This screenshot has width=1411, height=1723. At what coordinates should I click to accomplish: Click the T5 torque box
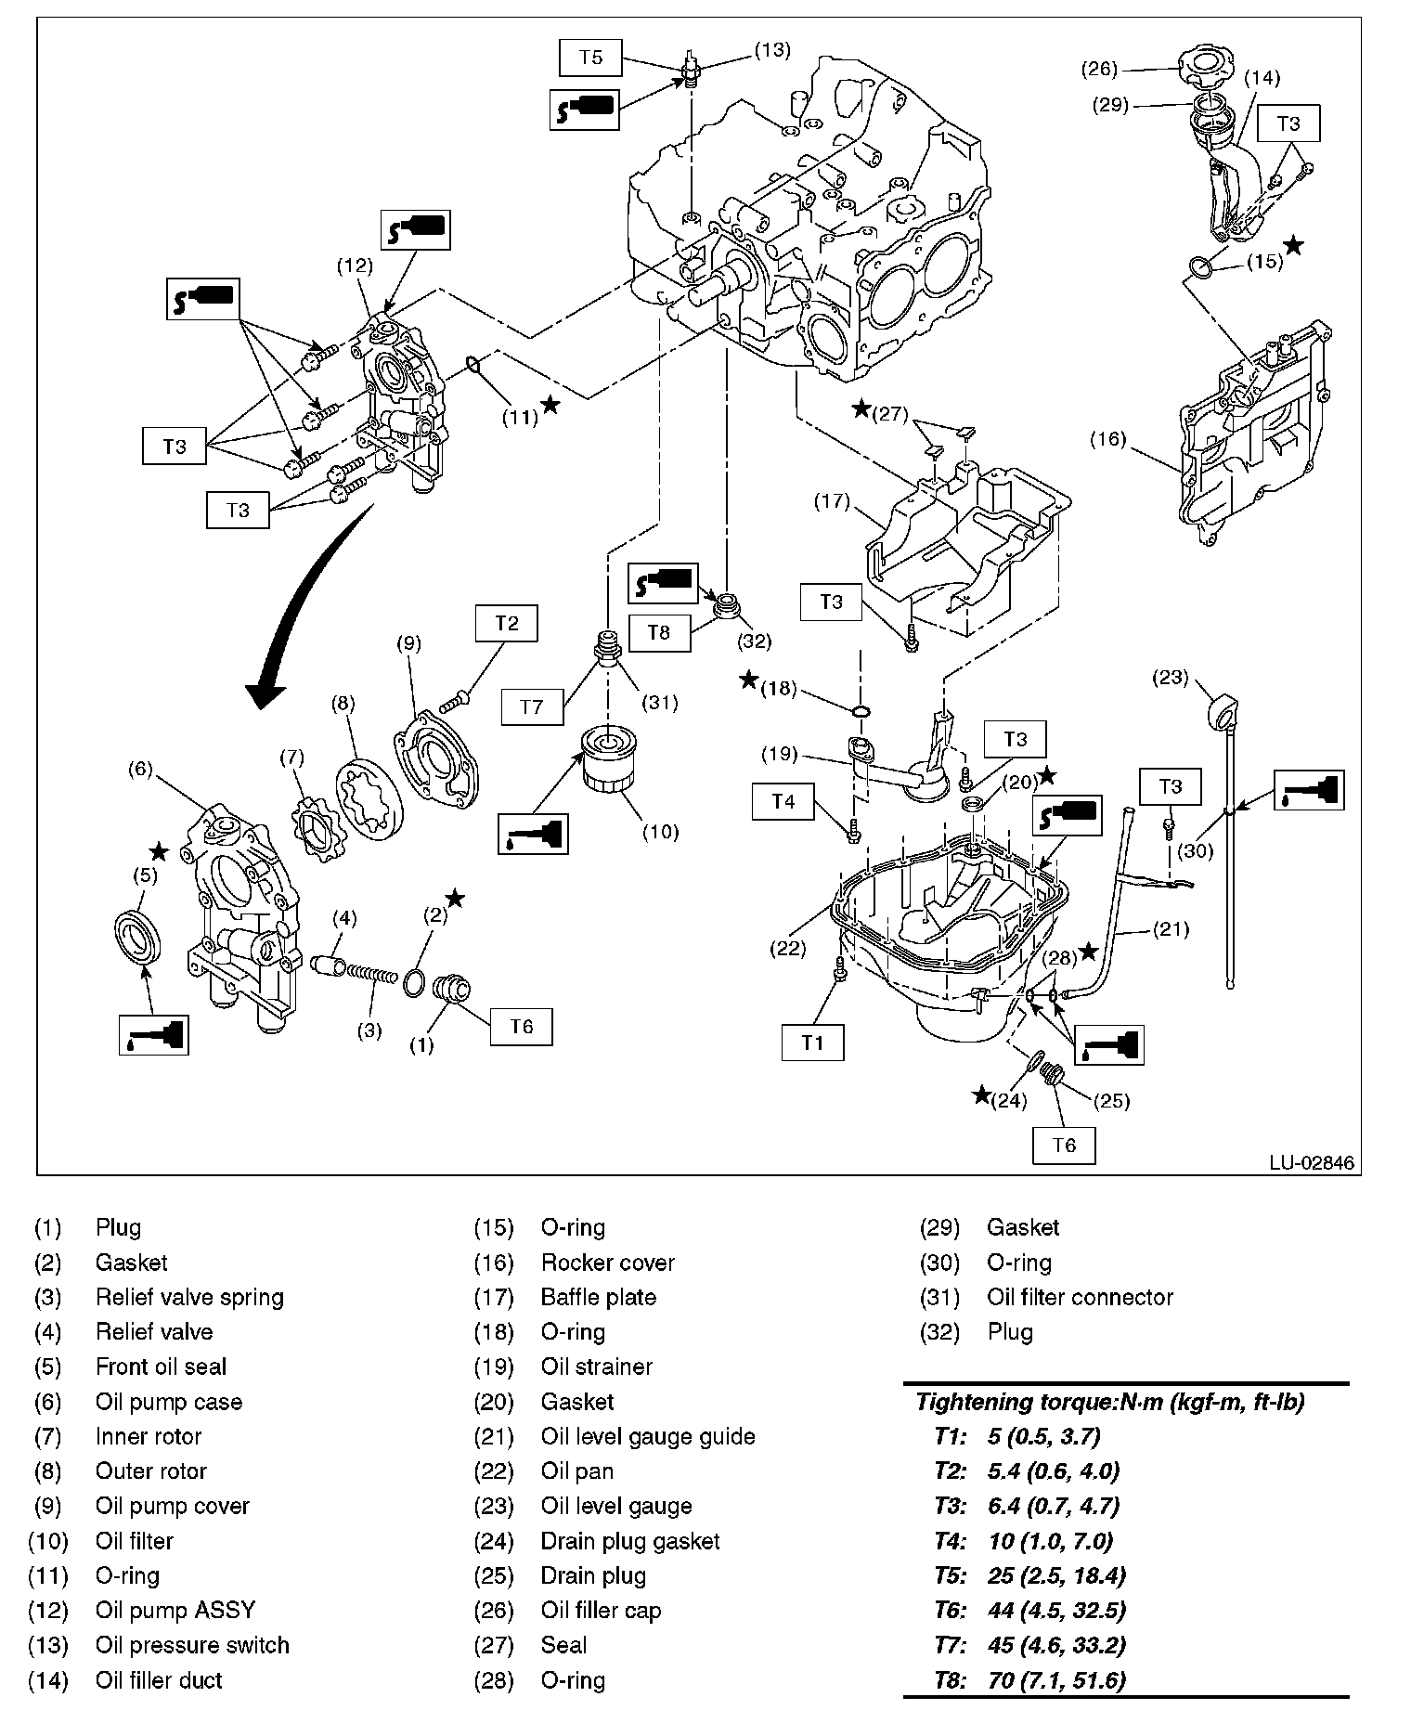tap(591, 57)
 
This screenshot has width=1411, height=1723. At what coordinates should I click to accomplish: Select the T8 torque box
tap(658, 632)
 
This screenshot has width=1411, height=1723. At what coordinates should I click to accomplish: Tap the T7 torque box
tap(531, 706)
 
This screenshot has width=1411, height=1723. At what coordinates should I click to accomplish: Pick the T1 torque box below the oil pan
tap(812, 1042)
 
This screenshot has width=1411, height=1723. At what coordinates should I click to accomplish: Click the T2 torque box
tap(506, 623)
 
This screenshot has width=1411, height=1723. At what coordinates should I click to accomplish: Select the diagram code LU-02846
tap(1312, 1162)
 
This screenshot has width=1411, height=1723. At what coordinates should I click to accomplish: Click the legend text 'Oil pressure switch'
tap(192, 1645)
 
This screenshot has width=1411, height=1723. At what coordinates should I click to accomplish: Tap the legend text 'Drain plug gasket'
tap(630, 1541)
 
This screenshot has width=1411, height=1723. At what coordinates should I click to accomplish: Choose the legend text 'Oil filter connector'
tap(1080, 1297)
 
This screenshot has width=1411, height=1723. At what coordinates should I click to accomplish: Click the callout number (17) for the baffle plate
tap(832, 501)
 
